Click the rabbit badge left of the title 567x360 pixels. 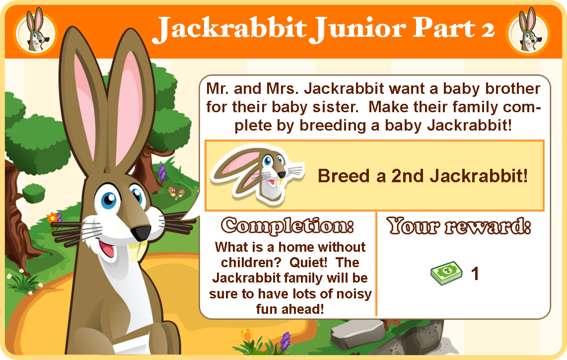click(35, 31)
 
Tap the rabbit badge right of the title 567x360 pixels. click(528, 31)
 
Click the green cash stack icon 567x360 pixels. click(446, 273)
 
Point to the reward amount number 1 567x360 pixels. click(475, 274)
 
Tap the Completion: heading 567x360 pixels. click(287, 226)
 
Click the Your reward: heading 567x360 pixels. click(459, 226)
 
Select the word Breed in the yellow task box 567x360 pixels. click(344, 176)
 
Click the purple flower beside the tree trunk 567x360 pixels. click(162, 173)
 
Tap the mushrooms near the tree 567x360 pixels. click(176, 193)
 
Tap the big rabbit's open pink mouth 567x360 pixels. click(107, 249)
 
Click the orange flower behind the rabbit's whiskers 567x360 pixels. click(53, 217)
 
